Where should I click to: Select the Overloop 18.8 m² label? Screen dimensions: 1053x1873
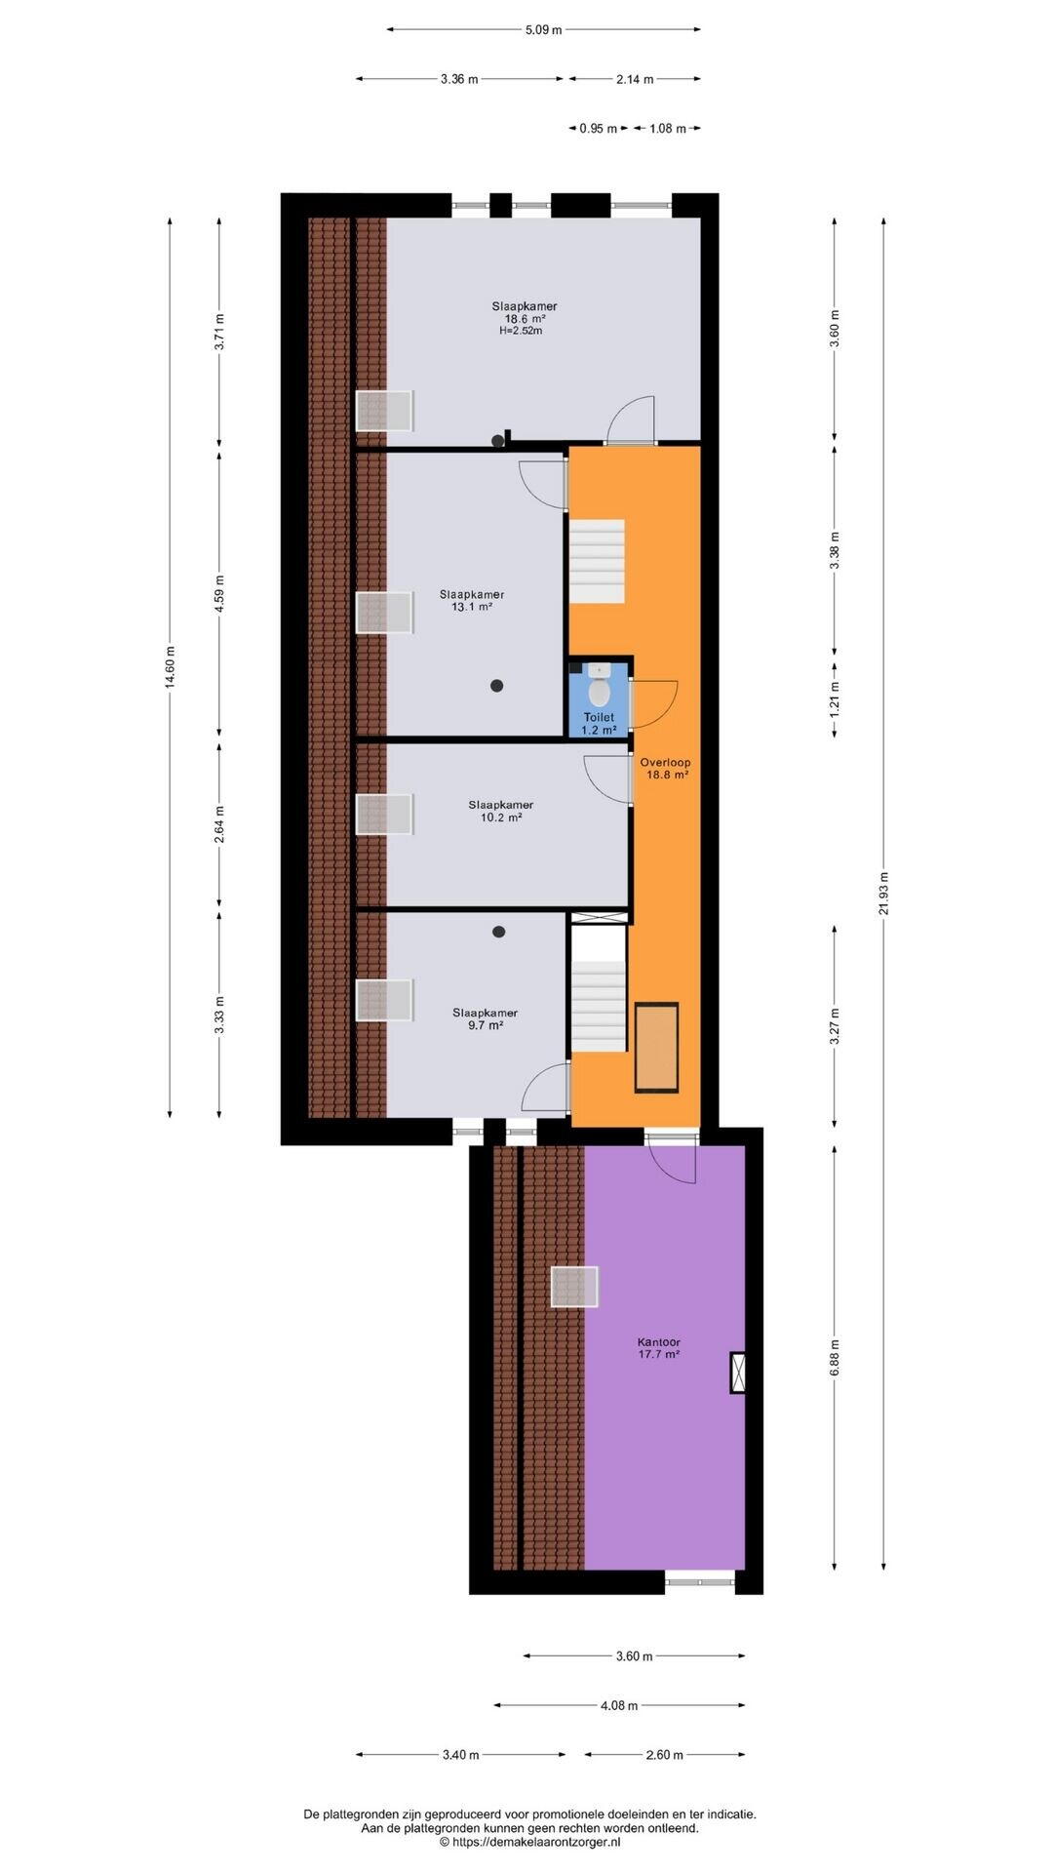tap(667, 768)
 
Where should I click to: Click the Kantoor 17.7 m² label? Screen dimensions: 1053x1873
tap(658, 1347)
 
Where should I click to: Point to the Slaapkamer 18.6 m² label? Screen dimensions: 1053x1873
tap(525, 312)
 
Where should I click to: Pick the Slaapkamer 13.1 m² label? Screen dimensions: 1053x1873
tap(472, 600)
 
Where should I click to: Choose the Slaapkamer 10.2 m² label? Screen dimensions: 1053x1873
tap(500, 811)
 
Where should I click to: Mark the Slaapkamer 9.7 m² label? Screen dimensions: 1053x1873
tap(485, 1018)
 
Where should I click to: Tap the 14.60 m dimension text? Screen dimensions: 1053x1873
tap(170, 668)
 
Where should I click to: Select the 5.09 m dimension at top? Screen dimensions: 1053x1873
tap(544, 29)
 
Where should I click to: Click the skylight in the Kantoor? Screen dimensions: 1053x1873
tap(574, 1287)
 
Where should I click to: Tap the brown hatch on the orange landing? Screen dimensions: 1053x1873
tap(656, 1048)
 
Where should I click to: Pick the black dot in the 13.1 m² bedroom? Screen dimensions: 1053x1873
tap(497, 686)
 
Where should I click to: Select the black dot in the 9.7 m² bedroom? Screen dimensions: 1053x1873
tap(499, 932)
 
